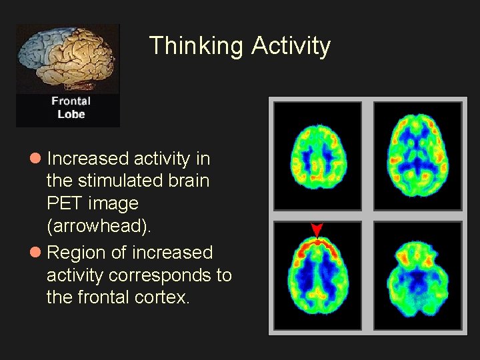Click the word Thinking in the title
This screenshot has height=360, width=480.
[x=197, y=46]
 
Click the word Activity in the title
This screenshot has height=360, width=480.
[x=291, y=46]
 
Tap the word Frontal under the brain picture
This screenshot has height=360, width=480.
[x=71, y=101]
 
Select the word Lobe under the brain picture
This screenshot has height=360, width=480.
[x=71, y=114]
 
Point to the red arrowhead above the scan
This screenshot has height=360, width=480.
[x=317, y=229]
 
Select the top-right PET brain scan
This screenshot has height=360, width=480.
[x=417, y=155]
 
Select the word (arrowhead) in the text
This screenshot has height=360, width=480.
[x=99, y=226]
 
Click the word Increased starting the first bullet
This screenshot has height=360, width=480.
[x=87, y=159]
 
